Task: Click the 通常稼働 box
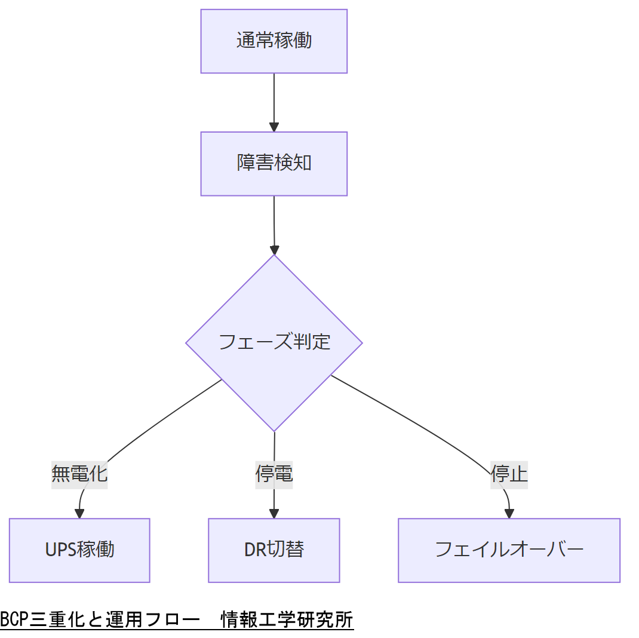click(x=274, y=41)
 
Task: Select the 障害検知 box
click(x=274, y=163)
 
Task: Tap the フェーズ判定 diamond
click(x=274, y=342)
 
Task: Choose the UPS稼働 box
click(x=79, y=550)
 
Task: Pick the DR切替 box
click(x=274, y=550)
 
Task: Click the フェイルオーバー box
click(x=509, y=550)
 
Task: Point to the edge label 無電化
click(x=79, y=474)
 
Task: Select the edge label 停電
click(x=274, y=474)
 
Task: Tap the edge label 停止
click(x=509, y=474)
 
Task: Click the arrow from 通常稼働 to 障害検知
click(x=274, y=102)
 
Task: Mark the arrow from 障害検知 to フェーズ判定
click(x=274, y=224)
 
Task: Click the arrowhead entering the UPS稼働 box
click(x=79, y=513)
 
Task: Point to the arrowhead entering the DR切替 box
click(x=274, y=513)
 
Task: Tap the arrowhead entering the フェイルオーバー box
click(x=509, y=513)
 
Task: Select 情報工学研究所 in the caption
click(x=287, y=619)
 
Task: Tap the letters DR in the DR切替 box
click(x=253, y=550)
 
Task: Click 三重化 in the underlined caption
click(x=57, y=619)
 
